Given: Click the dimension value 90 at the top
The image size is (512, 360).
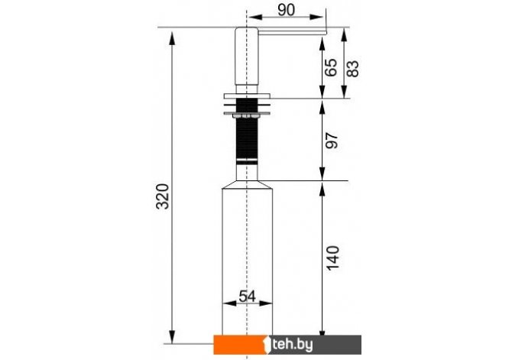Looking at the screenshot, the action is coord(286,10).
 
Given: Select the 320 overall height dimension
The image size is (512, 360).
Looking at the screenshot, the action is coord(163,196).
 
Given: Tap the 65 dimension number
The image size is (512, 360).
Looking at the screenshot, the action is coord(331,67).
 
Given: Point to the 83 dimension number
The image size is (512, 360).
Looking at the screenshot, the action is coord(352,69).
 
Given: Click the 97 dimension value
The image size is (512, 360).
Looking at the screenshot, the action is coord(332,141).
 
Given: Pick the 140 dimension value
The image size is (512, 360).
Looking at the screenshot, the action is coord(333,258).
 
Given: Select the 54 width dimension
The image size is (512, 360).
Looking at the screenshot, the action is coord(247,297).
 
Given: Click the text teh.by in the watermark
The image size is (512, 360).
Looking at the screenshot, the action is coord(292,345).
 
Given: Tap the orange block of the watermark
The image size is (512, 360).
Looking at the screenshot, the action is coord(241,345).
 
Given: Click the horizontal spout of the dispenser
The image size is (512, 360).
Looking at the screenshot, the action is coord(292,31).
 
